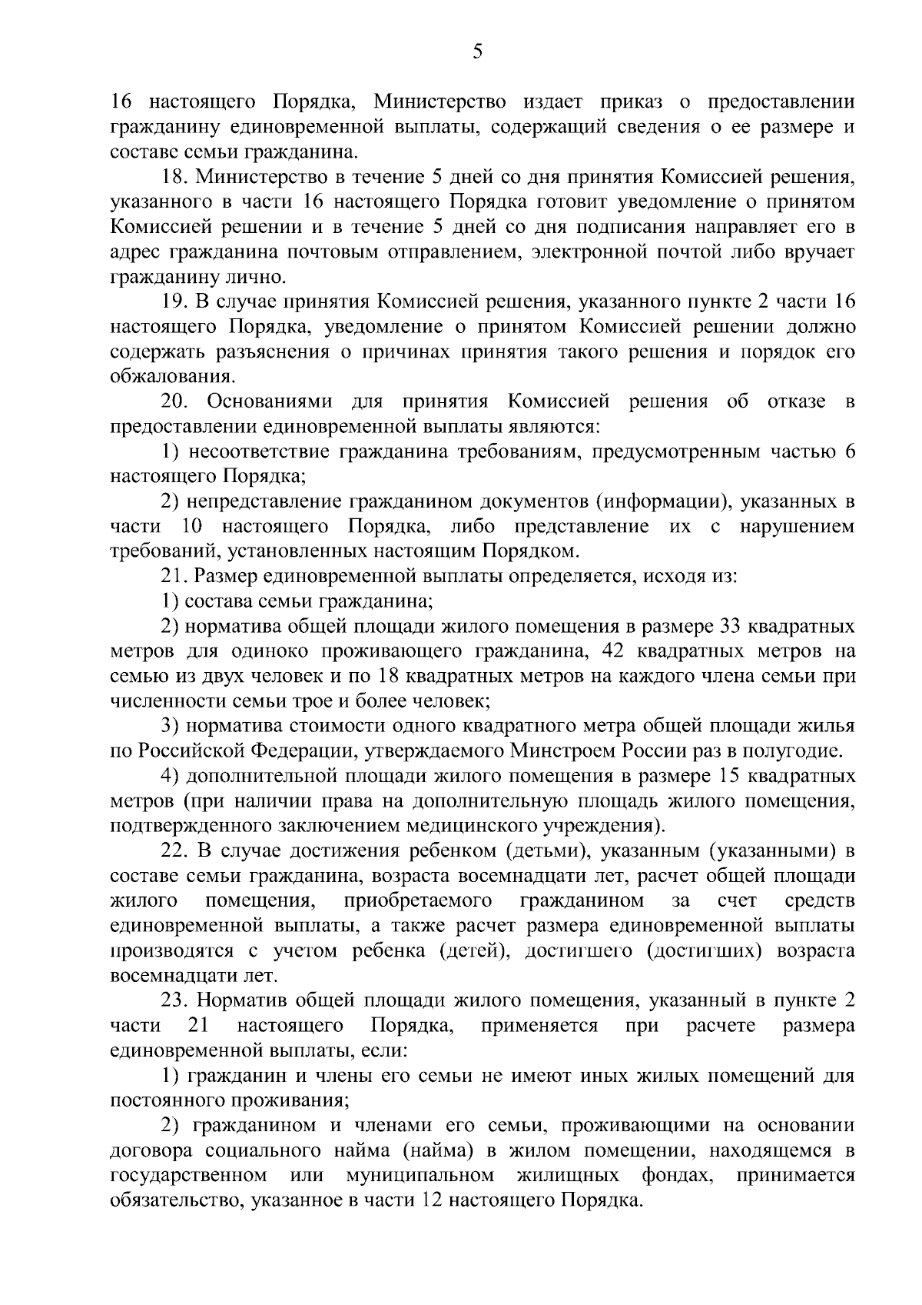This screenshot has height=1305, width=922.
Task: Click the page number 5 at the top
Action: point(476,52)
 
